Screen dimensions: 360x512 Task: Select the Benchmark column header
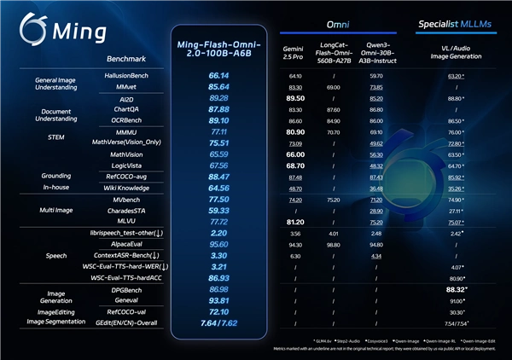tap(125, 61)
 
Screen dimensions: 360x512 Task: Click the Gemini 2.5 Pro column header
tap(296, 55)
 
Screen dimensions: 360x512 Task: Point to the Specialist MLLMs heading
tap(457, 25)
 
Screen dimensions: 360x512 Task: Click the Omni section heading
tap(335, 26)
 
